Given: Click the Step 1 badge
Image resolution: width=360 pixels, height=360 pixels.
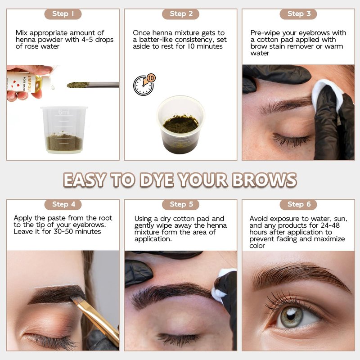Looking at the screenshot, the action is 63,14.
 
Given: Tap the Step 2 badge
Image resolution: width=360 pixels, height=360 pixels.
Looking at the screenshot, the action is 181,14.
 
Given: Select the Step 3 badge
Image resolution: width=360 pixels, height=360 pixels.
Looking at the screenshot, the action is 298,14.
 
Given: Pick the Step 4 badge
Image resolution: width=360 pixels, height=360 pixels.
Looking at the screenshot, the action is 63,205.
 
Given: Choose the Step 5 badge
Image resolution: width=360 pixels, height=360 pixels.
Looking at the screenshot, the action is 181,205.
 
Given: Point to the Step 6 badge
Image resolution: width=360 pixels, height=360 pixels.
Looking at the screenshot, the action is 298,205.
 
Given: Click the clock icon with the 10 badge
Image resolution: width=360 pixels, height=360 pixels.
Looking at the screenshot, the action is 144,85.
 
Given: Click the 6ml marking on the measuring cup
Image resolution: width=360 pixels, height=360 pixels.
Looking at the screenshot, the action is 63,112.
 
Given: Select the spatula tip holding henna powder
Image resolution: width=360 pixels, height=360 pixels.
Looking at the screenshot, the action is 77,85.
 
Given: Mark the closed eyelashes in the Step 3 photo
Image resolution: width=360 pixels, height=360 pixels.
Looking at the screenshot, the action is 290,139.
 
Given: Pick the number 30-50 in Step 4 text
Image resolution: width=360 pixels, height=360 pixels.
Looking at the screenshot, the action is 63,231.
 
